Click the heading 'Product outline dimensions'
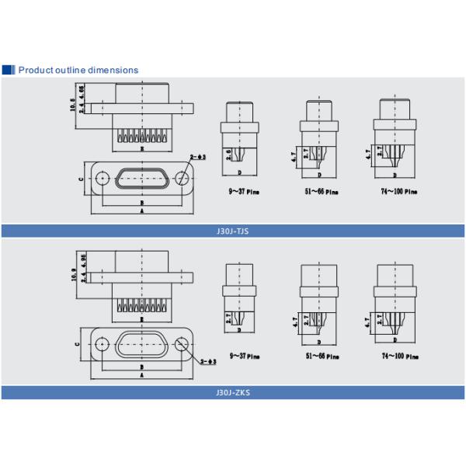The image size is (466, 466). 78,70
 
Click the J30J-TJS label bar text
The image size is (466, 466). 232,231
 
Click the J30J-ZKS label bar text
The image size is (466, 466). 232,393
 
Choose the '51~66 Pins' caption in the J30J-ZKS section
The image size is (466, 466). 320,356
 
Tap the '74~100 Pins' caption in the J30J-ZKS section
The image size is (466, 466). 398,356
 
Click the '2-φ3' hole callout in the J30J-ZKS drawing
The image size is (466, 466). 207,361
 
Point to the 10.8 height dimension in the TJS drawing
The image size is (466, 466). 73,106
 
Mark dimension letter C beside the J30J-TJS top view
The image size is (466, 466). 81,179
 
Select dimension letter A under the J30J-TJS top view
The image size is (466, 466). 141,210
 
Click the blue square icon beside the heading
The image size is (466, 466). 9,70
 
